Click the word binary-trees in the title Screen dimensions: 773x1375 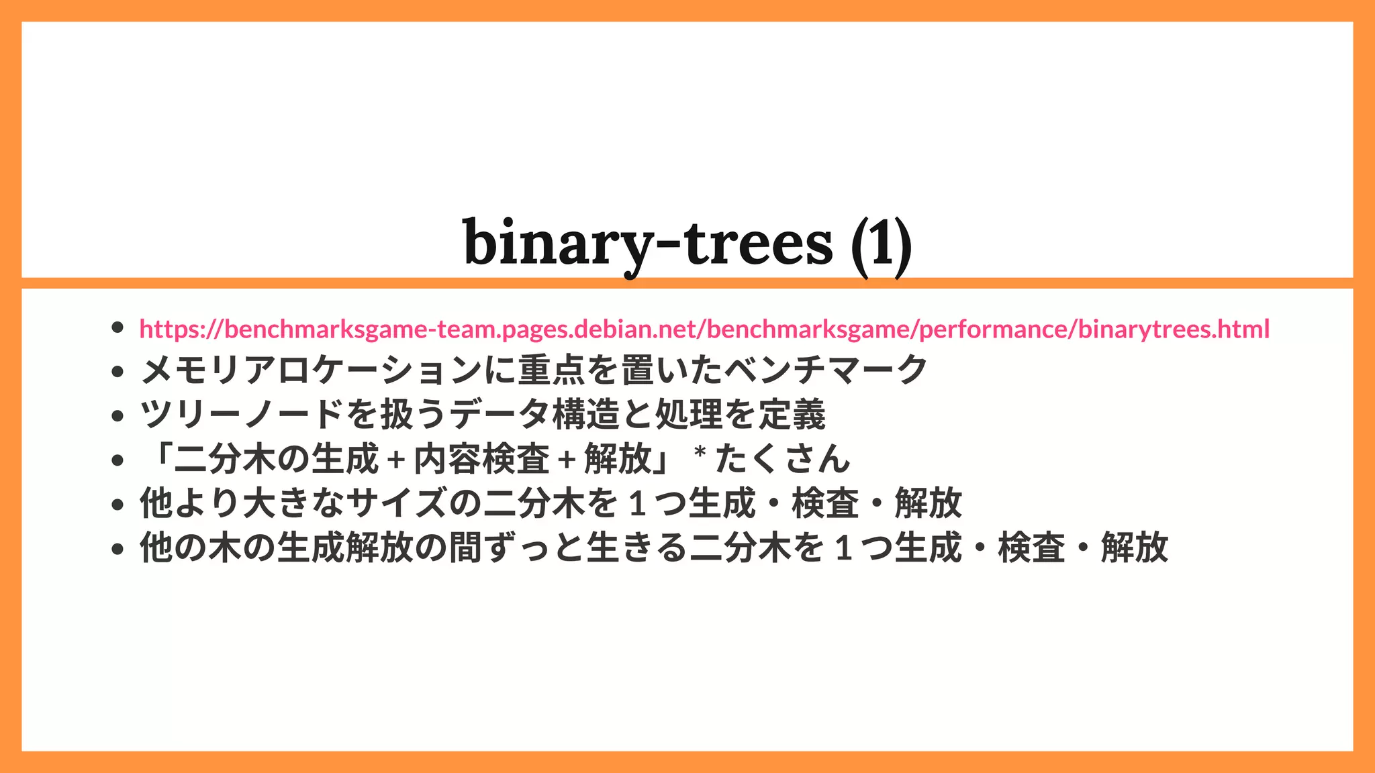(647, 243)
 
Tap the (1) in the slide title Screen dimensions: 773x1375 (881, 243)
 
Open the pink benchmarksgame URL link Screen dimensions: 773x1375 (704, 329)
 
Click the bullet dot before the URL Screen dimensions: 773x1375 (118, 327)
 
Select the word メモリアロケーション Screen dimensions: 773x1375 (312, 371)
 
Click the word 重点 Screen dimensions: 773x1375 (552, 371)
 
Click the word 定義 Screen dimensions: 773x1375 (792, 415)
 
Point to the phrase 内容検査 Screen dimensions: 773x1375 (482, 459)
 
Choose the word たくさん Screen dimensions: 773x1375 (783, 459)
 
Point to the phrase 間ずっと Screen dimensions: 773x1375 (517, 548)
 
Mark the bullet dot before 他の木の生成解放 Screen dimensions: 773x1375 (118, 549)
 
